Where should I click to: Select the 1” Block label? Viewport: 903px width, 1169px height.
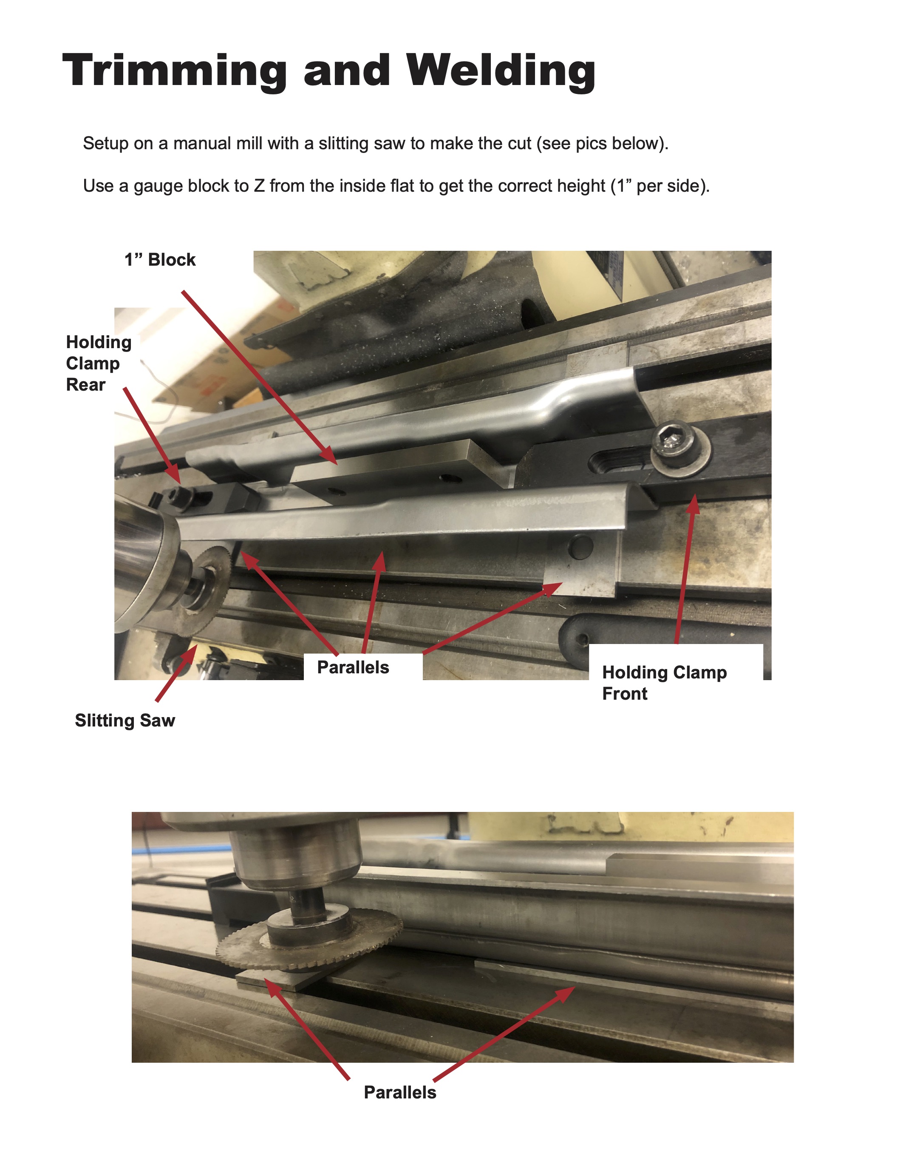click(160, 260)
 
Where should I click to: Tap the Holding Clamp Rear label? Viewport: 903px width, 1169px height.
click(99, 363)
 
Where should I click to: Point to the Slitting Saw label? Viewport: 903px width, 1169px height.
click(125, 720)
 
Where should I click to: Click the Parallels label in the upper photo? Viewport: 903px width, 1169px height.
click(353, 667)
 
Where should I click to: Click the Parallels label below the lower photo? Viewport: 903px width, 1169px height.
click(399, 1092)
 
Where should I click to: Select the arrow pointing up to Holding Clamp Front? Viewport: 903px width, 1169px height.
click(686, 568)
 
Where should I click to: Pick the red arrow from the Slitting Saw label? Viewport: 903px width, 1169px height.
click(176, 673)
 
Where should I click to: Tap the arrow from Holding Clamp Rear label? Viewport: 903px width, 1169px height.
click(153, 436)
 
